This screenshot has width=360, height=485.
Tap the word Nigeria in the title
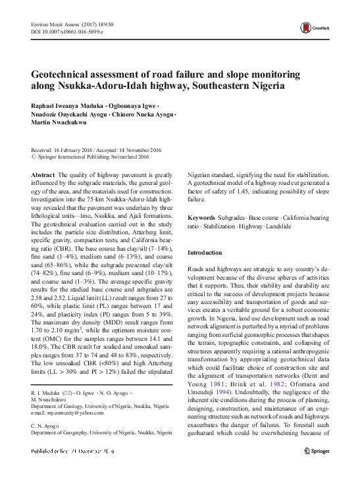point(265,86)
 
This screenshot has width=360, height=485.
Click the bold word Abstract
point(43,174)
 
